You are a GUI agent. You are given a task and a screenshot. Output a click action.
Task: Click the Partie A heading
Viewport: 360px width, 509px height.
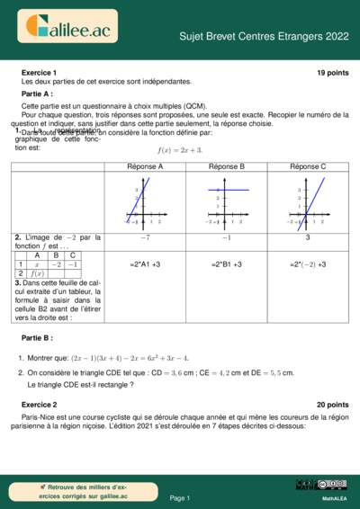tap(37, 94)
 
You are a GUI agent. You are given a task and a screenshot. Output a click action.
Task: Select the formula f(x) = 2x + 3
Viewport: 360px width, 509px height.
tap(180, 149)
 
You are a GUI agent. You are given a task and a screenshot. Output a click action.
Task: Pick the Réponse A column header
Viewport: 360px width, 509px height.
tap(145, 166)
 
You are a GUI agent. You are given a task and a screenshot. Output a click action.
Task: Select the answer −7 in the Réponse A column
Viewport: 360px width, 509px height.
tap(145, 237)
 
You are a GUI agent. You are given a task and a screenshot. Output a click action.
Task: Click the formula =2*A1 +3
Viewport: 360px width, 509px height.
tap(145, 264)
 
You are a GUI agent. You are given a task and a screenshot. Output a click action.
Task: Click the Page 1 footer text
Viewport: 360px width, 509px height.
tap(180, 497)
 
